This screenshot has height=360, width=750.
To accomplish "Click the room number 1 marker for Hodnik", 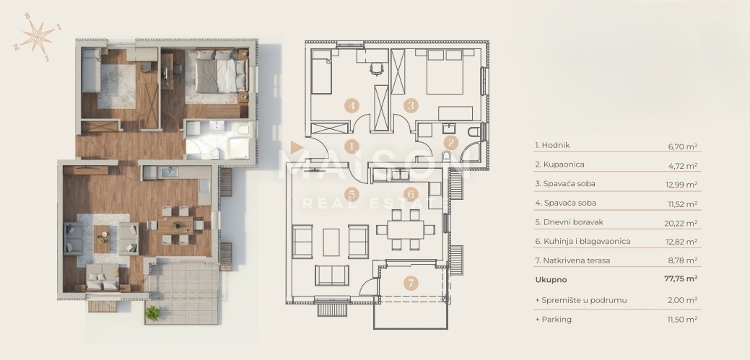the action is coord(352,146).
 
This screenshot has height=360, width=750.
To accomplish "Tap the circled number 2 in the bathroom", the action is coord(450,142).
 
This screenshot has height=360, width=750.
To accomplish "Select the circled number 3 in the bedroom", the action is coord(411,105).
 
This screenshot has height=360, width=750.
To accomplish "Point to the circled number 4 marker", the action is coord(352,105).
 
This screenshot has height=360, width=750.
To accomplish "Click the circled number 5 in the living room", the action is coord(352,194).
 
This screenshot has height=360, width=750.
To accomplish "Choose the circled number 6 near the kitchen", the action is coord(411,194).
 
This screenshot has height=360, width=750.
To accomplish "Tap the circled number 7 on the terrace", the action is coord(411,283).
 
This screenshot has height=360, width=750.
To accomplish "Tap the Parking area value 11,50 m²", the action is coord(683,320).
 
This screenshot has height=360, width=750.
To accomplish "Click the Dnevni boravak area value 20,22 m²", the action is coord(683,223).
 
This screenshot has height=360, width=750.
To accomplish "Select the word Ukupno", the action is coord(551,280).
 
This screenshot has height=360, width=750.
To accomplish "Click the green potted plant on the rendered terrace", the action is coord(152,313).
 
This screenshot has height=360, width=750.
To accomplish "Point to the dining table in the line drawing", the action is coord(406,229).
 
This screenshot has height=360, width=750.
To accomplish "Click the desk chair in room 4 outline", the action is coord(376,69).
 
